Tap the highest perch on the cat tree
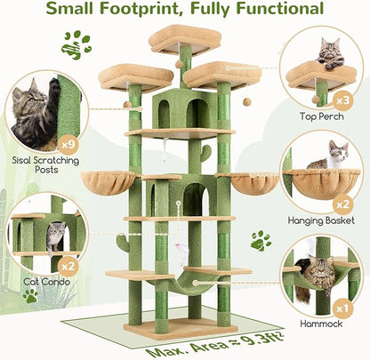(x=185, y=38)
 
